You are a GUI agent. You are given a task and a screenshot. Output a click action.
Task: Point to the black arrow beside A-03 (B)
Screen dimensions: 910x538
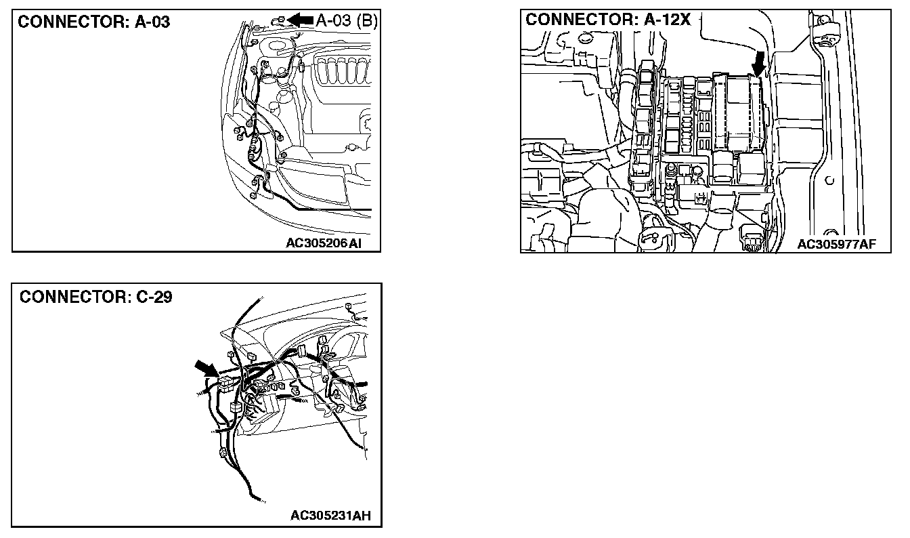click(301, 20)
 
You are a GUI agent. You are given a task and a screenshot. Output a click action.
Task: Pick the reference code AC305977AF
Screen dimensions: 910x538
click(836, 244)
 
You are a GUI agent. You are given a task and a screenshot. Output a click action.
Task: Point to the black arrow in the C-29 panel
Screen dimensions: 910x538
click(206, 370)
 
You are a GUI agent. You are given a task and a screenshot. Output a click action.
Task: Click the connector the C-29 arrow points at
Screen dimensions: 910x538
click(225, 384)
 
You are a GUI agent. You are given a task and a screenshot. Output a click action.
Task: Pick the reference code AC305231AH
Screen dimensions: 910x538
click(330, 516)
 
